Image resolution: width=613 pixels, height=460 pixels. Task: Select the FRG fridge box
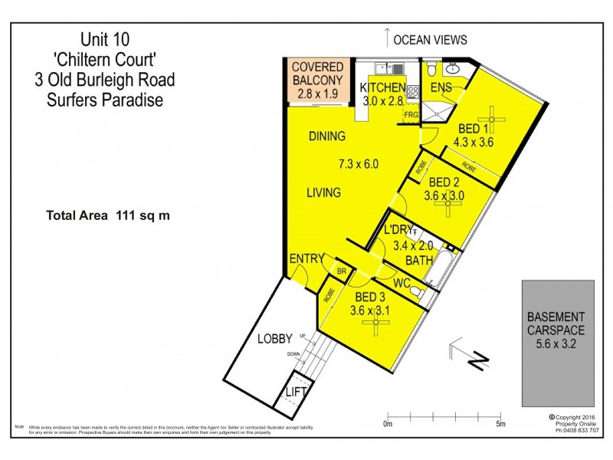click(411, 115)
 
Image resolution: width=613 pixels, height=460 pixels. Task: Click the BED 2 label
click(444, 182)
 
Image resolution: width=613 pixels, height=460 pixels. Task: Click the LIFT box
click(296, 391)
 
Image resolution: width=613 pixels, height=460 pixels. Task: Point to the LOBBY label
click(275, 338)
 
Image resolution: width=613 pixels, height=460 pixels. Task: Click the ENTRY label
click(306, 259)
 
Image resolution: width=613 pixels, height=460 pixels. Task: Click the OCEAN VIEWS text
click(430, 40)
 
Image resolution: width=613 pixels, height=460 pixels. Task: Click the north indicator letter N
click(480, 358)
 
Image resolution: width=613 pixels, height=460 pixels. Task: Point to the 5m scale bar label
click(500, 424)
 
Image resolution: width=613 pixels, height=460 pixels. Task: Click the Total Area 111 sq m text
click(108, 215)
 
